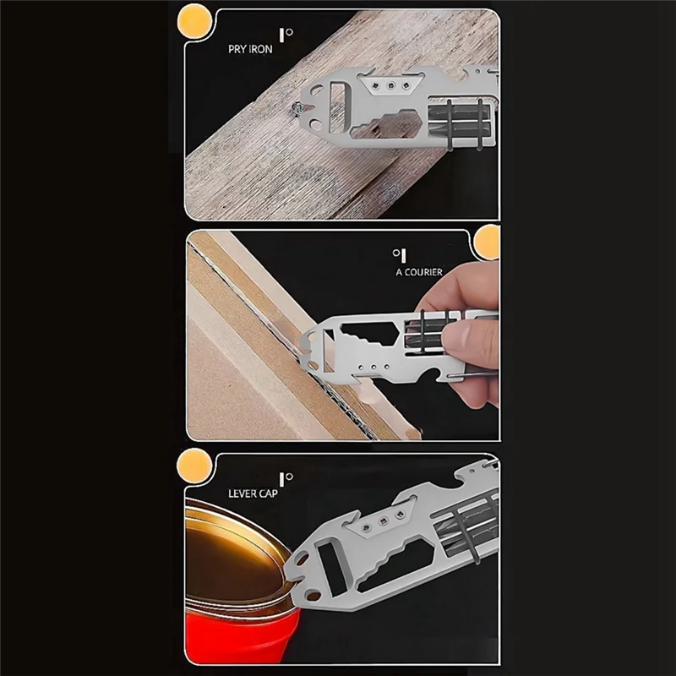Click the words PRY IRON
coord(249,49)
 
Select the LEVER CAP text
coord(252,492)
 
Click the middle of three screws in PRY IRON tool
coord(389,84)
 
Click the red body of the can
coord(228,642)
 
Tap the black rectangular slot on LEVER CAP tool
coord(330,575)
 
